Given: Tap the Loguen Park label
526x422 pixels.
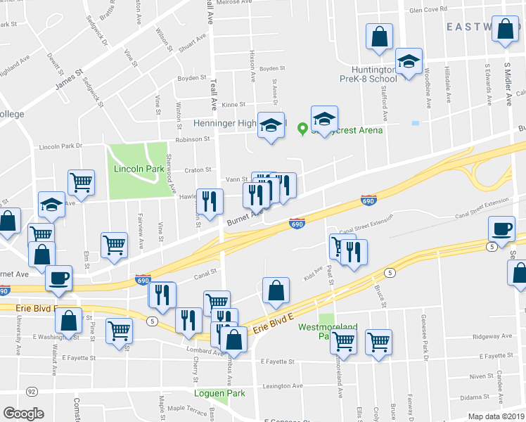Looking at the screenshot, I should click(221, 393).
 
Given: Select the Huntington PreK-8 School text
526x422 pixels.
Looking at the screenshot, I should click(368, 74).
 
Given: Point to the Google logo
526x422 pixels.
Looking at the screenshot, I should click(23, 413).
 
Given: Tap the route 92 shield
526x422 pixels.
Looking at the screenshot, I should click(32, 391).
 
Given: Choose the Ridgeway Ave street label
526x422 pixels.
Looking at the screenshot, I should click(492, 337).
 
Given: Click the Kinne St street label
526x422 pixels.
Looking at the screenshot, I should click(232, 104).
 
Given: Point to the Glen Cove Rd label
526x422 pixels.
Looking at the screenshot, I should click(428, 10).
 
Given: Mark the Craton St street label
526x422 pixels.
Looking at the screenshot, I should click(198, 170).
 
